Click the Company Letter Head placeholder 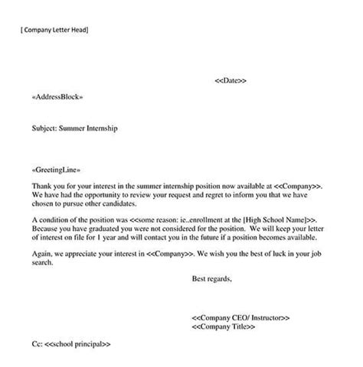[55, 30]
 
